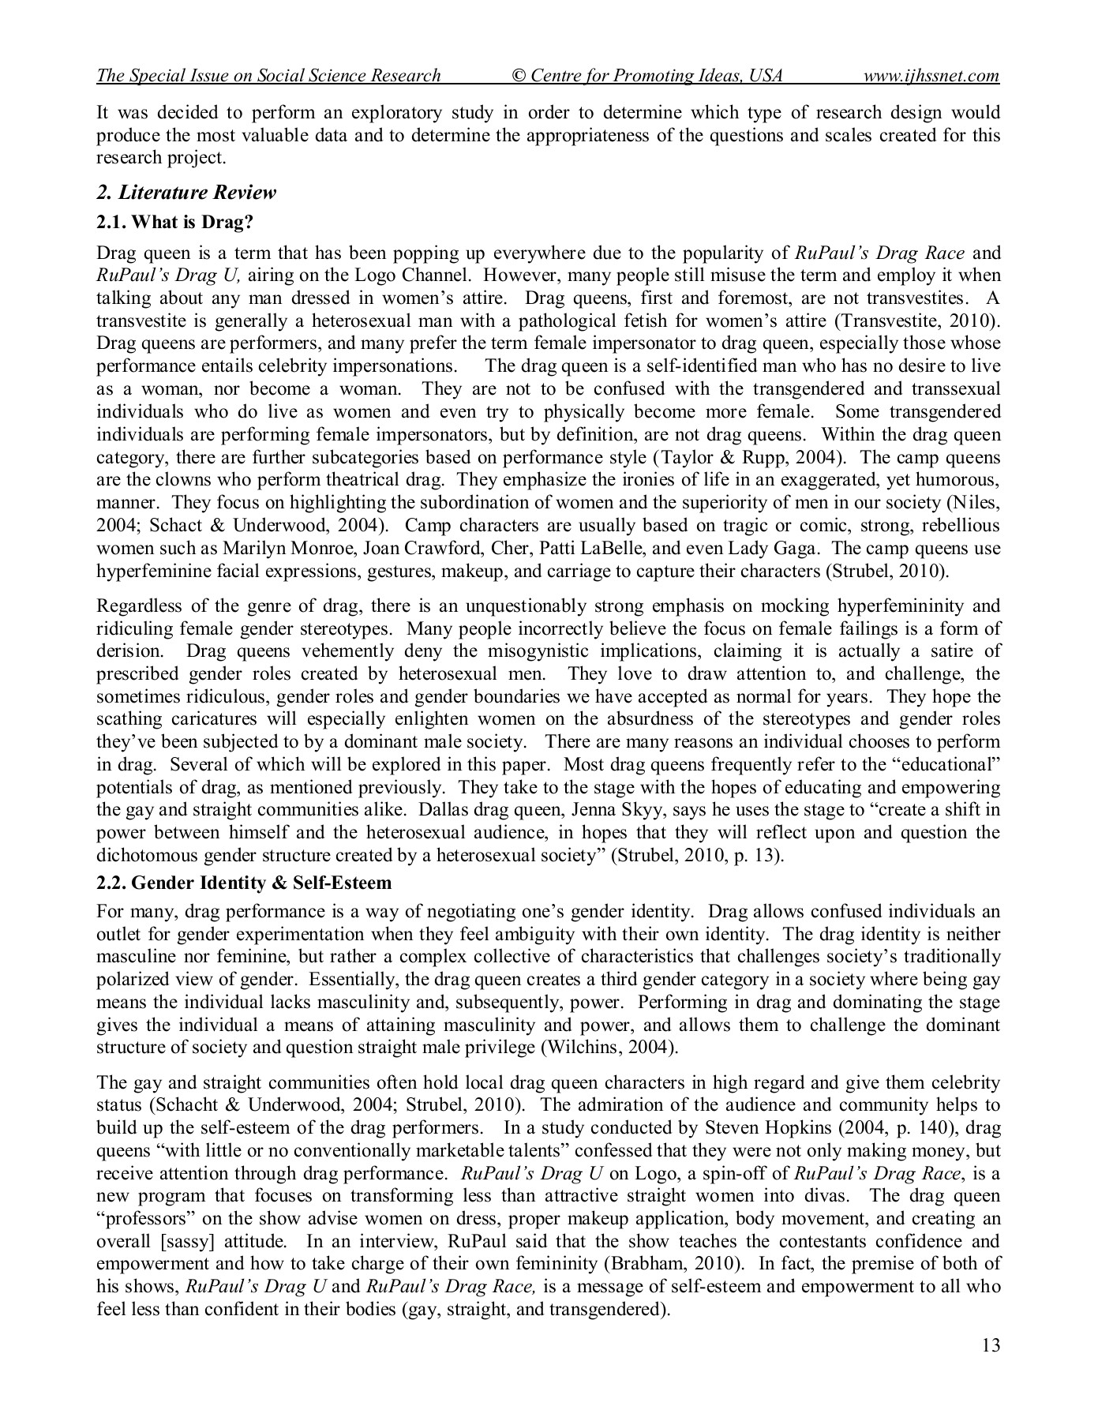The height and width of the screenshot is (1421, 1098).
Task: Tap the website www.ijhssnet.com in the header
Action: [x=931, y=76]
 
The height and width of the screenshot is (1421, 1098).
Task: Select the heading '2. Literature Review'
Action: [x=186, y=193]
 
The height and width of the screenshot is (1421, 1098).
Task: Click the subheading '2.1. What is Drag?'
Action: [x=174, y=222]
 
